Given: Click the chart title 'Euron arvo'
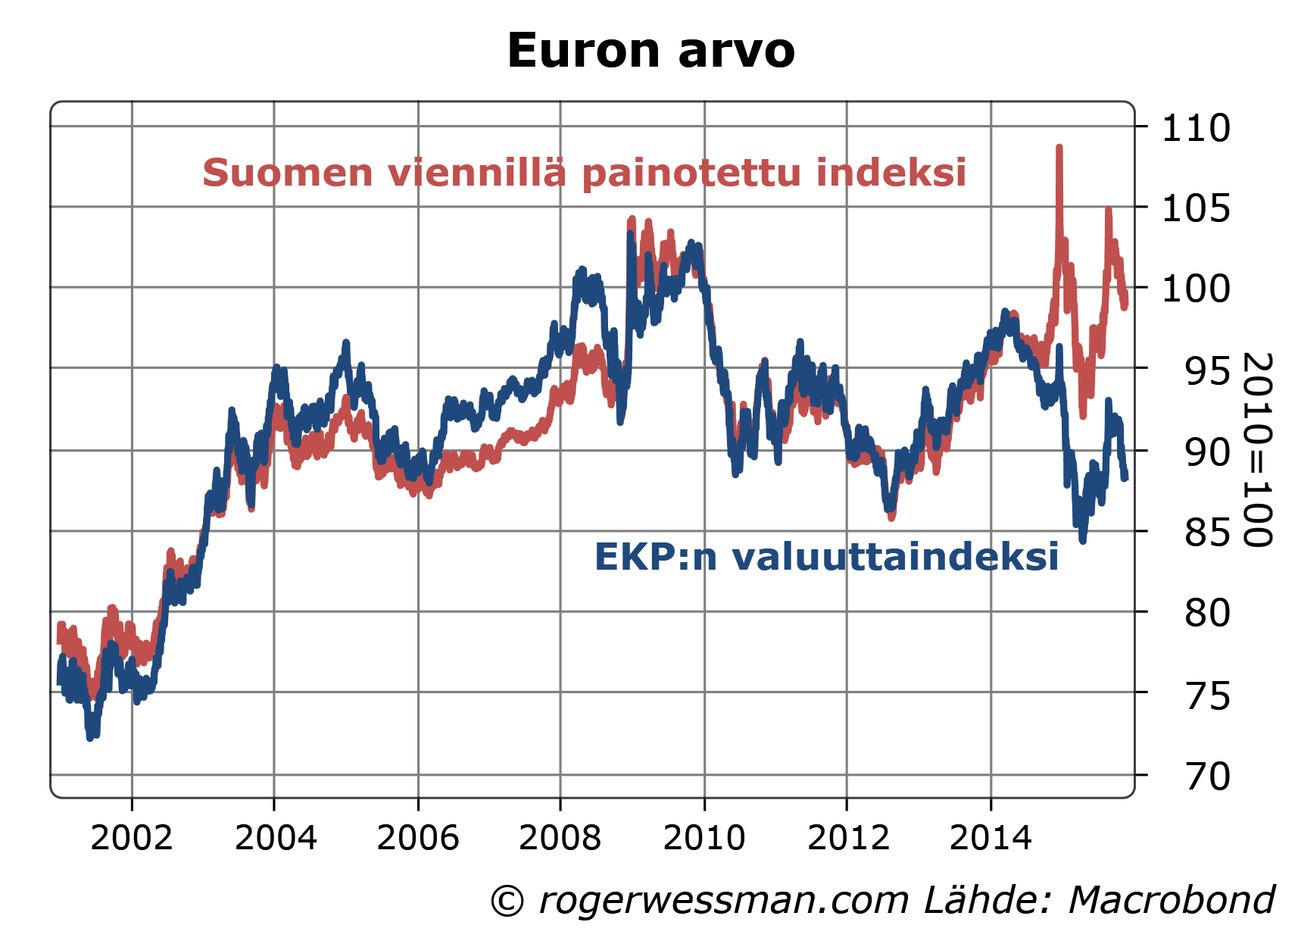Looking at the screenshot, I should [650, 51].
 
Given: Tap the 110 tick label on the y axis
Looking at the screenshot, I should [1196, 128].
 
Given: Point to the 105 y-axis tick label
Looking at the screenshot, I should [1196, 208].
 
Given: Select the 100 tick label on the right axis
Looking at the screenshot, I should [1196, 289].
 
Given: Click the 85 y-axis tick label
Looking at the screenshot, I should [1208, 533].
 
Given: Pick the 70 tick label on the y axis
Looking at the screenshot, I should [1208, 777].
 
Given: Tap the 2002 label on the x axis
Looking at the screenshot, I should [132, 838].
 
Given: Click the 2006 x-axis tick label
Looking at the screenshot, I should [418, 838].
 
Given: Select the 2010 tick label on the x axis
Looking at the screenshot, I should [704, 838].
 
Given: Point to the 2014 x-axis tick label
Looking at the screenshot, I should [991, 838].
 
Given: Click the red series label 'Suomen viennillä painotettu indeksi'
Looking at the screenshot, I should [584, 173].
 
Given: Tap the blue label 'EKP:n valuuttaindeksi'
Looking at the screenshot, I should [826, 557].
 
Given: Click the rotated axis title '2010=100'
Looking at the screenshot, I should [1257, 449].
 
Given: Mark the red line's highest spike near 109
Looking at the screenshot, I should [1059, 148].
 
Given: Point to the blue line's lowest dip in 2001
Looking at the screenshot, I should [90, 736].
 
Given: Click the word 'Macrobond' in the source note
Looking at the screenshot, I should [1172, 901].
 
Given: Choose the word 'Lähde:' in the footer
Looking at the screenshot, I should [987, 901].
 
